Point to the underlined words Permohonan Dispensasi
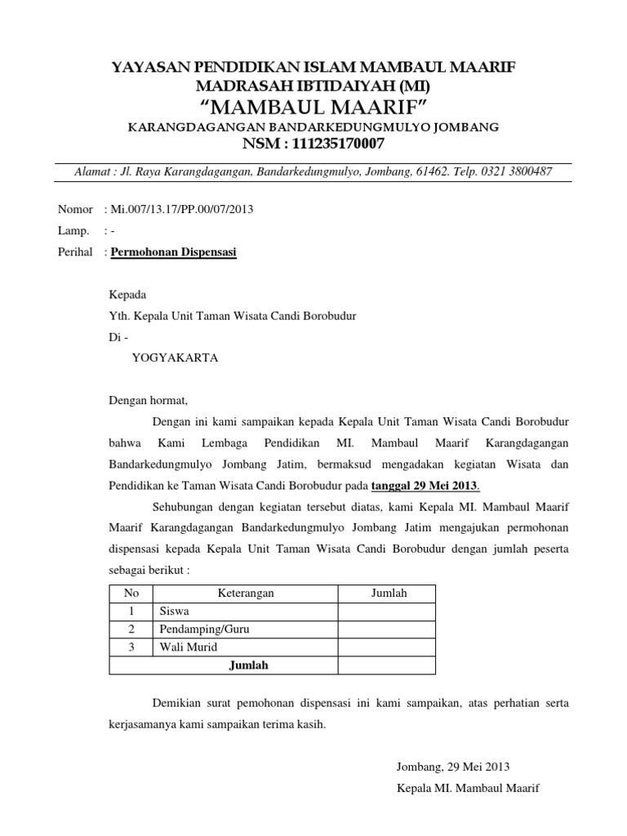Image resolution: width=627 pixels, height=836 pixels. click(173, 253)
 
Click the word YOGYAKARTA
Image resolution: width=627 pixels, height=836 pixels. click(175, 358)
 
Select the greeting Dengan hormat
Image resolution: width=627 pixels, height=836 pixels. click(149, 401)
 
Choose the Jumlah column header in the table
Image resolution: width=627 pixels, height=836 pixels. click(388, 594)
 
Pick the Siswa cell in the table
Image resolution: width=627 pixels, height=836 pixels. click(175, 611)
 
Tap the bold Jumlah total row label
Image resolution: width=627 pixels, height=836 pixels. click(249, 665)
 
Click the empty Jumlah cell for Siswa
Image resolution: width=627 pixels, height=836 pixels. click(388, 611)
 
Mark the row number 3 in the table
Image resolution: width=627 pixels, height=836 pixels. click(131, 647)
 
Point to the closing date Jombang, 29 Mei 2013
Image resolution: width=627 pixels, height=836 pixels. click(452, 767)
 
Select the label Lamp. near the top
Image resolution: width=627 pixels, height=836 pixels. click(73, 231)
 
